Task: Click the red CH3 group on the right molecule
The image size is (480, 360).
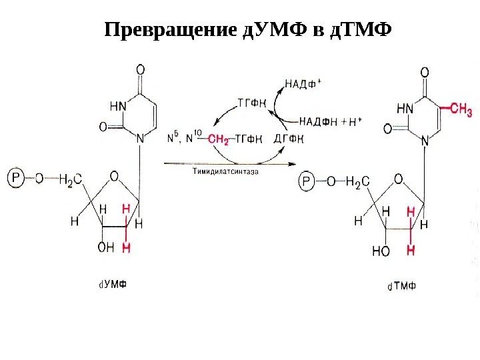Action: (x=461, y=109)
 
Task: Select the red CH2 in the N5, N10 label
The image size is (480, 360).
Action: (x=217, y=139)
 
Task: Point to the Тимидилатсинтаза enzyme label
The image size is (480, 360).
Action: (x=226, y=171)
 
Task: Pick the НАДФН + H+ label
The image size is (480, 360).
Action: (x=329, y=122)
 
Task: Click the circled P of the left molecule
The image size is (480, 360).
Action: (x=16, y=178)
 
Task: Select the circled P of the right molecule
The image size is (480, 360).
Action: (x=307, y=180)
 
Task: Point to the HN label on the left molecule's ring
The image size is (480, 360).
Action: (x=117, y=104)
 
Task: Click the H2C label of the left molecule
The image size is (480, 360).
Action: (x=71, y=179)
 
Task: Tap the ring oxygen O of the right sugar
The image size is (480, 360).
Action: (x=398, y=179)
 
